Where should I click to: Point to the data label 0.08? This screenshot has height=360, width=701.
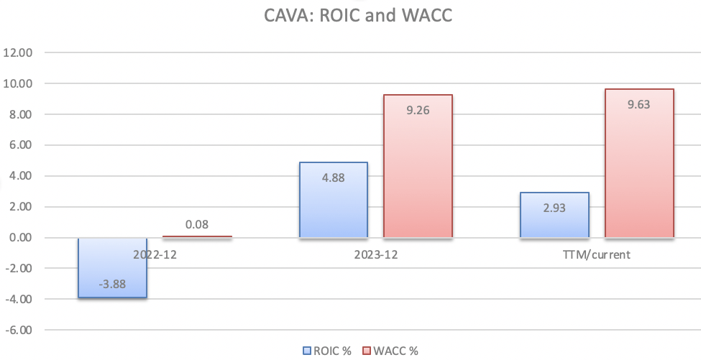pos(196,225)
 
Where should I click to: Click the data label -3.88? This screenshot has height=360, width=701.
pos(112,285)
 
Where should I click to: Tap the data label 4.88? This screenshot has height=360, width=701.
pos(333,177)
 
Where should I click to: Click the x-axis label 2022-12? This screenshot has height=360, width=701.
pos(155,254)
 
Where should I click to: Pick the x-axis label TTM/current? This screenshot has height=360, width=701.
pos(597,254)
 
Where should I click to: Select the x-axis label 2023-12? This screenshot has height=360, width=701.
pos(375,254)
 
